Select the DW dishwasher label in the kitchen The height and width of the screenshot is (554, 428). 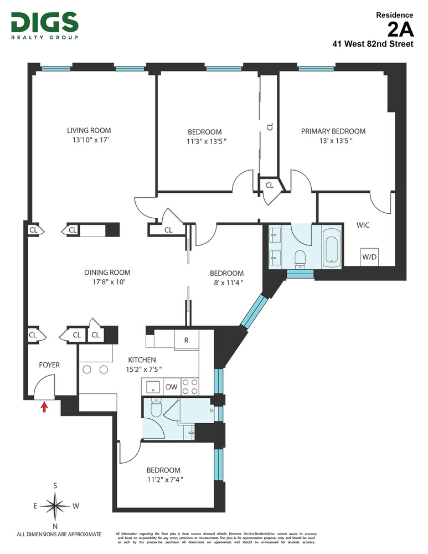(171, 387)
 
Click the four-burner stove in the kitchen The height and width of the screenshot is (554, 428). (190, 386)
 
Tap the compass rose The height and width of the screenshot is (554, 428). (55, 504)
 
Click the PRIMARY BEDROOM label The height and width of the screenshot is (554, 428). (333, 131)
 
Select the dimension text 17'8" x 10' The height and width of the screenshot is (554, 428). (107, 282)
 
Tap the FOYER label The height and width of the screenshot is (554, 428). (49, 365)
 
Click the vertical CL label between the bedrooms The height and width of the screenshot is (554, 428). (270, 126)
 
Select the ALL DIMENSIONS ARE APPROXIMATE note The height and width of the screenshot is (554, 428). (59, 535)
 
